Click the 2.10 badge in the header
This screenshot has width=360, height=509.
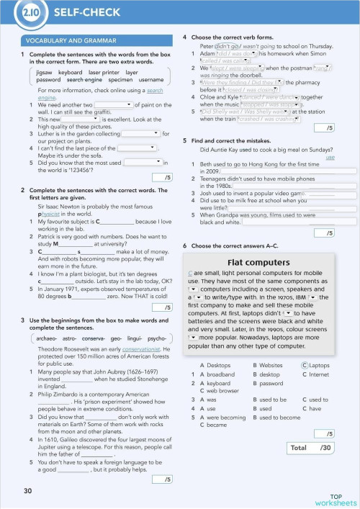coord(31,13)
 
